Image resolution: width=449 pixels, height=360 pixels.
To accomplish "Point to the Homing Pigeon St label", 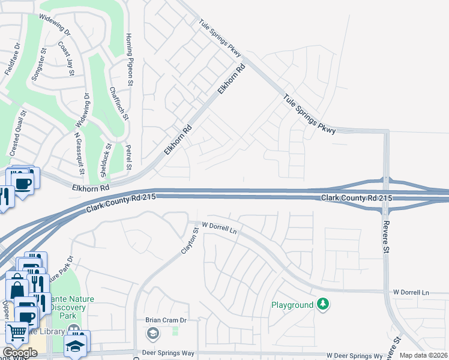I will click(x=128, y=56).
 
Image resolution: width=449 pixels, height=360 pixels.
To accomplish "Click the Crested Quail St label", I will click(x=19, y=131).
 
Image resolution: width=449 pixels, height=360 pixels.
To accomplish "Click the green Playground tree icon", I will click(x=324, y=305).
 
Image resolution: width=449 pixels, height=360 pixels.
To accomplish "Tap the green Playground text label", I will click(x=292, y=305).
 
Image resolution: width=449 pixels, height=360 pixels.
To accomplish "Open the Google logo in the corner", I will click(x=19, y=353).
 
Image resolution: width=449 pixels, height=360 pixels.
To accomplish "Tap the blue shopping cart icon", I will click(x=17, y=331).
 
